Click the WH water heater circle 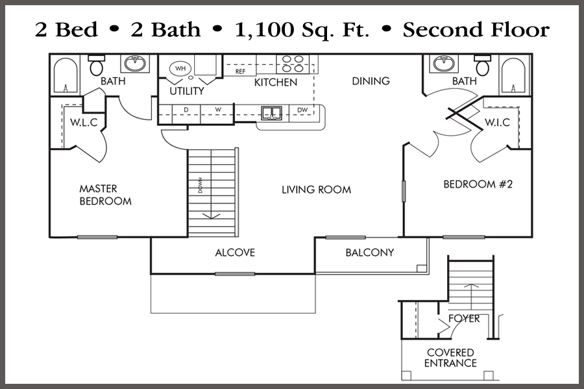coord(179,68)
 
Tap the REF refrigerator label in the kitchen coord(240,71)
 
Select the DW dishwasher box coord(302,110)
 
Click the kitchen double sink coord(271,113)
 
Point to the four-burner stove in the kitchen coord(292,63)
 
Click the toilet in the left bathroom coord(97,66)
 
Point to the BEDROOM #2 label coord(478,184)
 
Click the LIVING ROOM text coord(316,190)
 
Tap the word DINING coord(371,81)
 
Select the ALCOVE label coord(235,253)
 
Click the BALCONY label coord(369,253)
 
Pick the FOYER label coord(464,319)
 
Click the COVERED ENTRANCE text coord(450,358)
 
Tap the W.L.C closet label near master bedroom coord(84,123)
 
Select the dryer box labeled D coord(186,110)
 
